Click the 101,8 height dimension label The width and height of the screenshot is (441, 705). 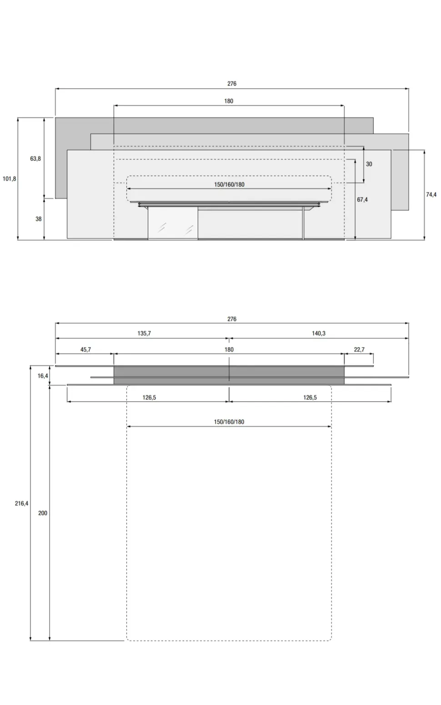pyautogui.click(x=9, y=179)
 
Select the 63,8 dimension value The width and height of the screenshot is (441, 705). pyautogui.click(x=35, y=159)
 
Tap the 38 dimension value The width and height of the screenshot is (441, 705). pyautogui.click(x=38, y=219)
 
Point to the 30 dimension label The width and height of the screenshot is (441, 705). pyautogui.click(x=369, y=164)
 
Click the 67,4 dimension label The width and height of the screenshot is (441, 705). pyautogui.click(x=362, y=199)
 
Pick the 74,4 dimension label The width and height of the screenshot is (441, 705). pyautogui.click(x=431, y=194)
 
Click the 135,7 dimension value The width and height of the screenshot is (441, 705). pyautogui.click(x=144, y=333)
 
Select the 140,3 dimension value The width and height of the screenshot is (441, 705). pyautogui.click(x=318, y=333)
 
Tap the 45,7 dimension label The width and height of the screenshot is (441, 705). pyautogui.click(x=85, y=349)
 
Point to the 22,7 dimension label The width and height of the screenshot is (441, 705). pyautogui.click(x=359, y=349)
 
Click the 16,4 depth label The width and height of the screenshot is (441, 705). pyautogui.click(x=43, y=376)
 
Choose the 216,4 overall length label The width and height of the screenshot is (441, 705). pyautogui.click(x=21, y=503)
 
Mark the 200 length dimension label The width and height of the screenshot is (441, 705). pyautogui.click(x=43, y=513)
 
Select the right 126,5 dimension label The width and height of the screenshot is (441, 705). pyautogui.click(x=310, y=397)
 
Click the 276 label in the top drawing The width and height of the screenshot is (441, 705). pyautogui.click(x=232, y=84)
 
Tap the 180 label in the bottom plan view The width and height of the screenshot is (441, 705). pyautogui.click(x=229, y=349)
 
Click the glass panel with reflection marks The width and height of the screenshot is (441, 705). pyautogui.click(x=173, y=223)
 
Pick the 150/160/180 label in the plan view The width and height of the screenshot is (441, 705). pyautogui.click(x=229, y=422)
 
